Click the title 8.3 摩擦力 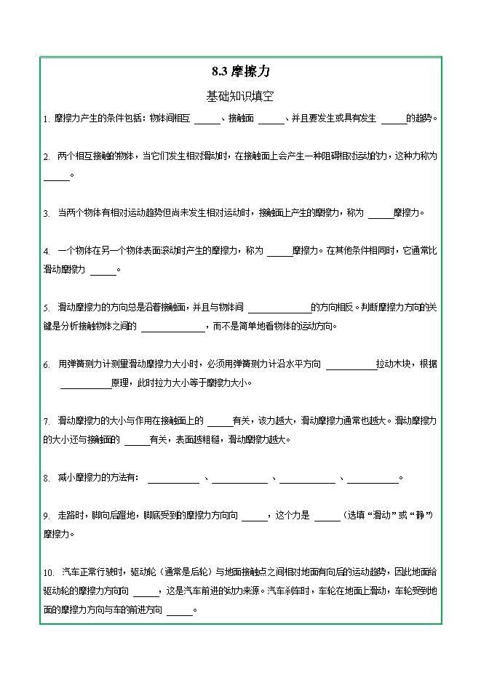(x=240, y=72)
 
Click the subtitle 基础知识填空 (x=240, y=96)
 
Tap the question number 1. (x=45, y=119)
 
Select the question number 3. (x=46, y=213)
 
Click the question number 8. (x=46, y=479)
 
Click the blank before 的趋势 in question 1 (x=394, y=120)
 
